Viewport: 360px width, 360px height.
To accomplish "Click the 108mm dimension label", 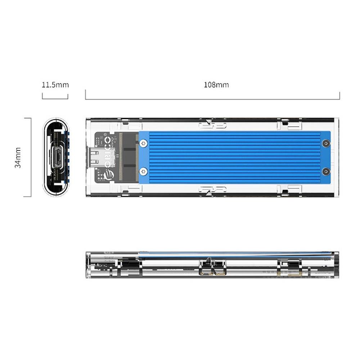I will [216, 85].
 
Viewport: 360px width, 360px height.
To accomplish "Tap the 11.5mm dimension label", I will [55, 85].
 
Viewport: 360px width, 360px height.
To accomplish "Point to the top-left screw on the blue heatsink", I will [144, 143].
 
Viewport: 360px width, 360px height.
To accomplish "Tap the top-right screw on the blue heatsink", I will [326, 143].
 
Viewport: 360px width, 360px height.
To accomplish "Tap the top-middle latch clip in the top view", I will [212, 125].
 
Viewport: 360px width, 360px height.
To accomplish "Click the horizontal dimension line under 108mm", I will [212, 99].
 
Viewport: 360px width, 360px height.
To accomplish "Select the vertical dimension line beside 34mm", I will [31, 157].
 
